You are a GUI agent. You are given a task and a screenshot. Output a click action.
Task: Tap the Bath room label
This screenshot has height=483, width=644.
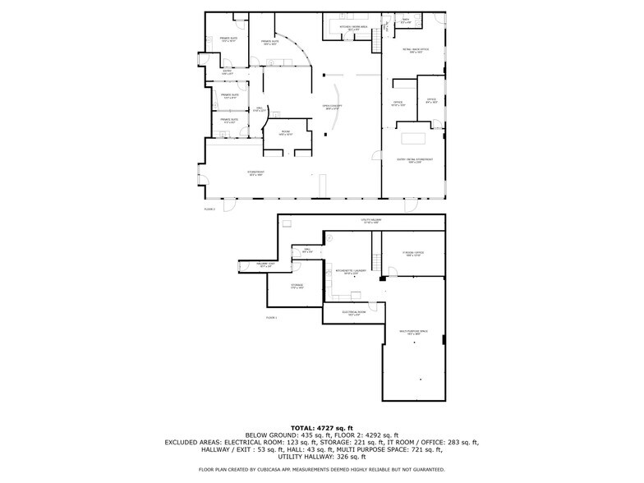(406, 21)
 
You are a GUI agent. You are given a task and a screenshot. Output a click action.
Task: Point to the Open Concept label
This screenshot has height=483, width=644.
(332, 107)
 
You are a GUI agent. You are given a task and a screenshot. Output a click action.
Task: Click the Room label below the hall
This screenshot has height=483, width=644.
(285, 133)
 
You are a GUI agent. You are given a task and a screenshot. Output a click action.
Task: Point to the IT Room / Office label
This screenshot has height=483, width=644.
(412, 254)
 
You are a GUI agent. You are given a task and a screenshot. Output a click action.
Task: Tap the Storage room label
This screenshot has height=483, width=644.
(297, 287)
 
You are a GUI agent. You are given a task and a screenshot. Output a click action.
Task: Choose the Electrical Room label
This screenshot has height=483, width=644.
(354, 313)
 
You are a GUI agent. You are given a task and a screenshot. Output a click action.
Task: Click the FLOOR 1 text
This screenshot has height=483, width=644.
(272, 317)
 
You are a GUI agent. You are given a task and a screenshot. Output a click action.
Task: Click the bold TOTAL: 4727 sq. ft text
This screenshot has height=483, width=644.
(322, 428)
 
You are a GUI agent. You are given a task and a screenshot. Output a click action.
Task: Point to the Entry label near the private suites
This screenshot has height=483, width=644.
(228, 72)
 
